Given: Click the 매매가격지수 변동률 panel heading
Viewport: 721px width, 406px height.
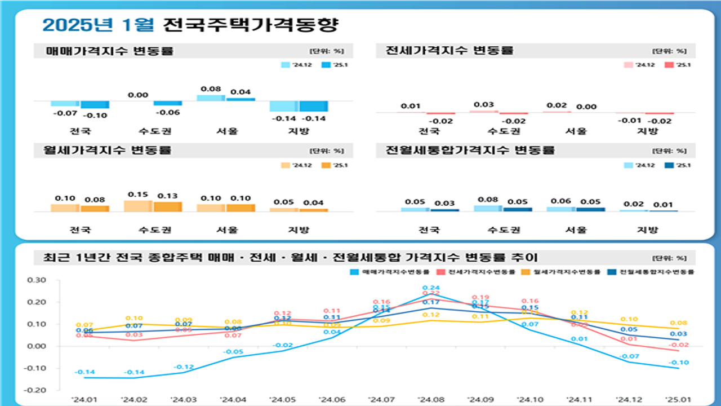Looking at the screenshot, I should pos(111,51).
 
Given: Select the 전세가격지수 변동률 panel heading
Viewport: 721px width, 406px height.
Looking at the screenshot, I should pos(449,50).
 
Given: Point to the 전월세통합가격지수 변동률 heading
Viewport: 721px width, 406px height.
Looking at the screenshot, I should pos(470,151).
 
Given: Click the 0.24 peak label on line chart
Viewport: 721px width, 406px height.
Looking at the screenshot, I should pos(431,288).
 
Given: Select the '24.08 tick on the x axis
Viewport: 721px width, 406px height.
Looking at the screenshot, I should pos(431,399).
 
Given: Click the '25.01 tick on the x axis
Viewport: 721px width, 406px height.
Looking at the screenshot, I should pos(679,399).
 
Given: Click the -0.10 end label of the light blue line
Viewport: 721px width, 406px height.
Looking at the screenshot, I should pos(679,363).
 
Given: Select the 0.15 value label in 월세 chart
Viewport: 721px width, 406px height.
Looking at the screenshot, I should pos(138,195).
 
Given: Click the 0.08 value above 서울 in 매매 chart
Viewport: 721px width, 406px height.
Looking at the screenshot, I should pos(211,89).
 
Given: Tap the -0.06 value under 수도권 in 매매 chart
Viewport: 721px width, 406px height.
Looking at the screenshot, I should pos(167,112).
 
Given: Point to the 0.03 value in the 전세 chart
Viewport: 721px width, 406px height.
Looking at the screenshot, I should pos(484,105).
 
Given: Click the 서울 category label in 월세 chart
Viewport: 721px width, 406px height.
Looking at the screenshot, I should pos(226,230).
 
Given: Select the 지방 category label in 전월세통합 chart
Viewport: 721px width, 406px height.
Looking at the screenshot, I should pos(647,230).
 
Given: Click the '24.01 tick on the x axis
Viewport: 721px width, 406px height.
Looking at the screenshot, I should pos(83,399).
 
